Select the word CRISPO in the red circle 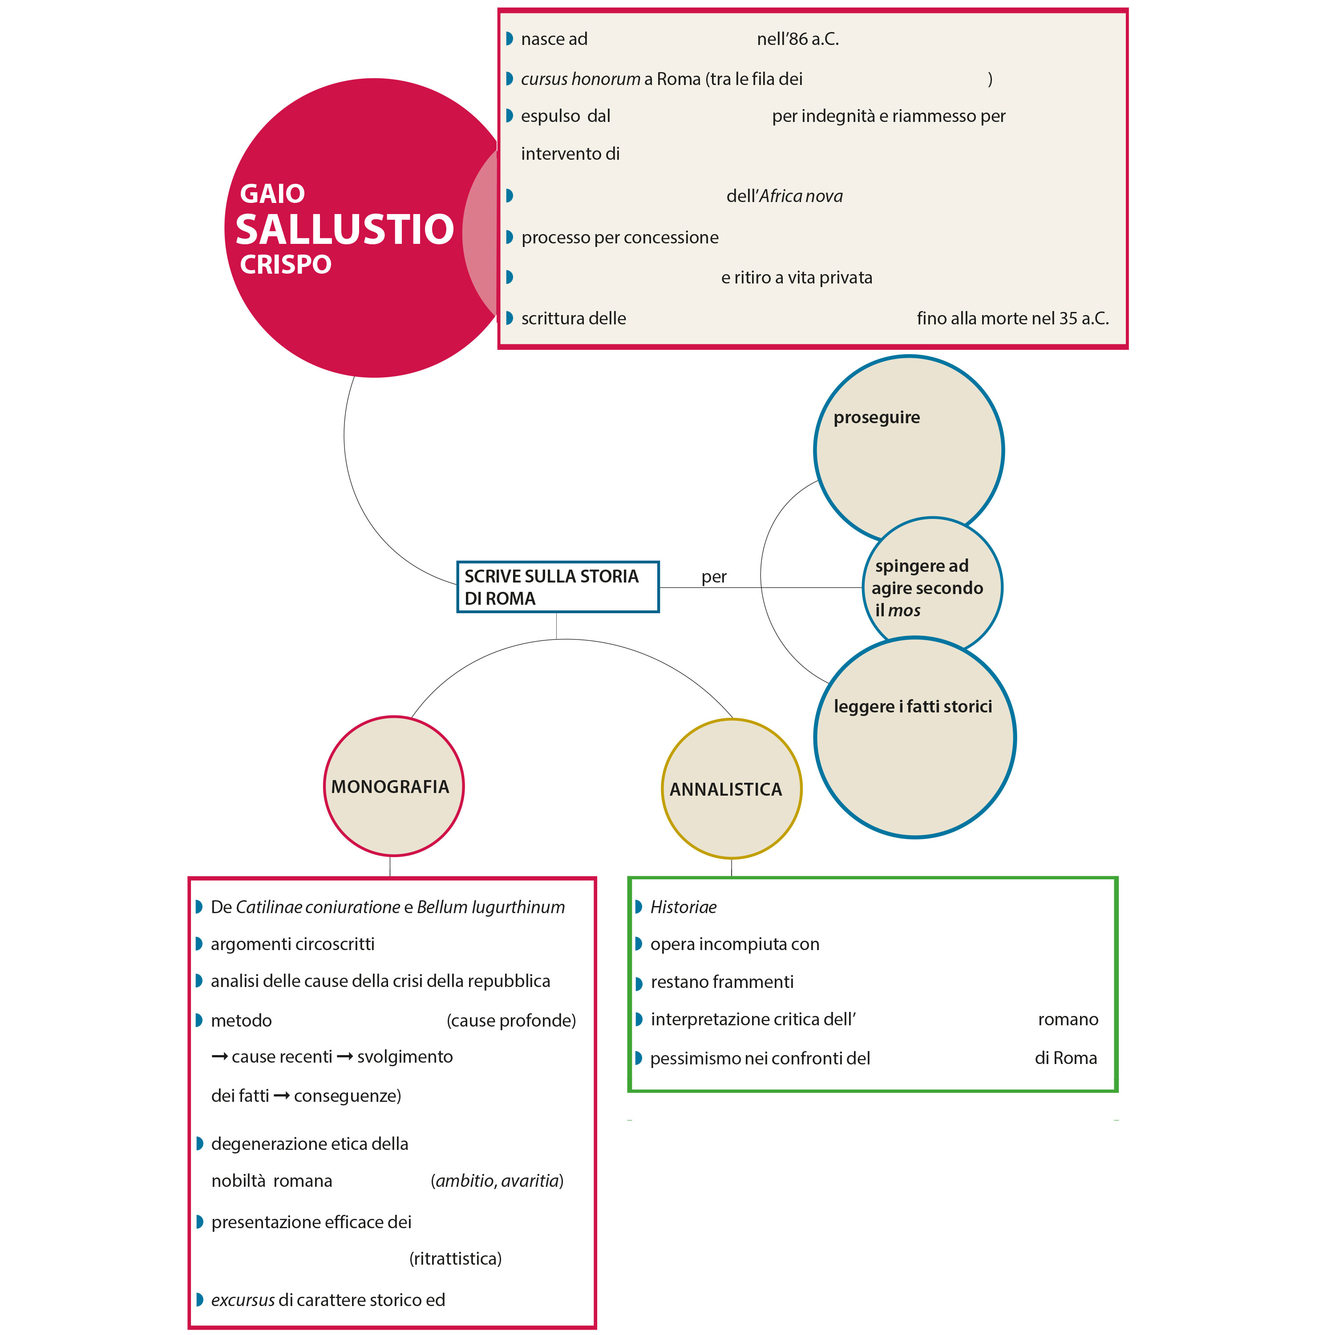(x=285, y=264)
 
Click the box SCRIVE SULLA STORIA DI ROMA (x=557, y=587)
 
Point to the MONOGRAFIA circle (x=393, y=786)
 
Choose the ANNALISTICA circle (x=731, y=789)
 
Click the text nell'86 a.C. (x=797, y=40)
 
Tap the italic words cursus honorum (x=580, y=80)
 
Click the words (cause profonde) (x=511, y=1020)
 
